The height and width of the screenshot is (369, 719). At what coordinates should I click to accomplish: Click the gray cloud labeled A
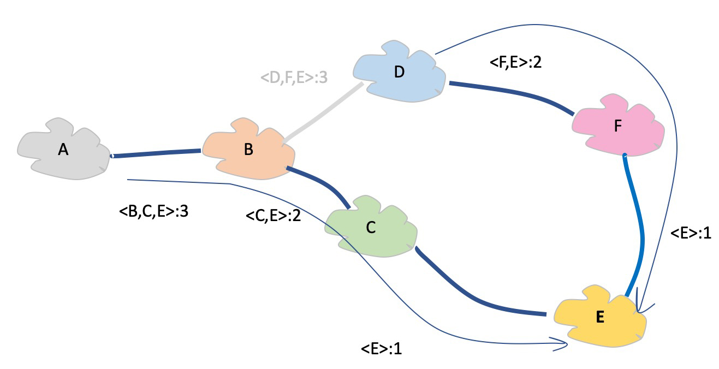[63, 150]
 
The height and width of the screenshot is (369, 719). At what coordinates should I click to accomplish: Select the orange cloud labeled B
[248, 150]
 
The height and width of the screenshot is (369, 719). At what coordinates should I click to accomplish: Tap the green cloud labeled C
[371, 228]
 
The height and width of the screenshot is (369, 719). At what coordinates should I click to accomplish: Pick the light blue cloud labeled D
[399, 72]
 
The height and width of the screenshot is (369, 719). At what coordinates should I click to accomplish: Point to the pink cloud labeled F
[617, 126]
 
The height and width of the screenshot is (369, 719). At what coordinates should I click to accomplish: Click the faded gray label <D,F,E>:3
[294, 78]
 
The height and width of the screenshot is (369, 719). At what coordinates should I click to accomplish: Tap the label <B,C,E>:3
[153, 211]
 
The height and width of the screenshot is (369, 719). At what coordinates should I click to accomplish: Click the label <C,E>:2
[274, 216]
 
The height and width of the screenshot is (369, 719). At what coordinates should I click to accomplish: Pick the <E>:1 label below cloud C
[381, 348]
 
